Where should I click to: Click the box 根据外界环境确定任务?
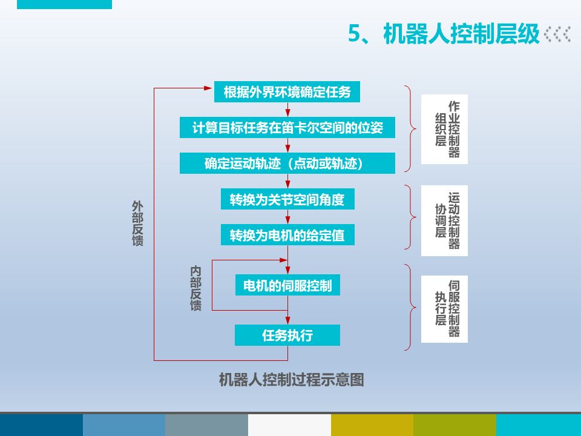click(x=287, y=92)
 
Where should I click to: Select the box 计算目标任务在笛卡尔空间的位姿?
click(x=287, y=128)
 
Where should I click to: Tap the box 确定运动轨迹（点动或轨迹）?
click(x=287, y=163)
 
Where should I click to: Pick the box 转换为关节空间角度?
click(x=287, y=199)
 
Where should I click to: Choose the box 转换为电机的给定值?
click(x=287, y=235)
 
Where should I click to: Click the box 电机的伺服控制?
click(x=287, y=285)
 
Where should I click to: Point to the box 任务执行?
click(x=287, y=335)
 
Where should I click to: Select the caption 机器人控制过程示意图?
click(x=291, y=380)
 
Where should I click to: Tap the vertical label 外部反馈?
click(x=137, y=223)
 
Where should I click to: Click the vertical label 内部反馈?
click(x=195, y=288)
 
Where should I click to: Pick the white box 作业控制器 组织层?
click(x=444, y=129)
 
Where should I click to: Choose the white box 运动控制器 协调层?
click(x=444, y=220)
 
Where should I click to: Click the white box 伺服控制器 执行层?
click(x=444, y=308)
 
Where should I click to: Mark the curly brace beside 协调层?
click(x=411, y=217)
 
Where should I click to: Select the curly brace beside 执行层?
click(x=411, y=307)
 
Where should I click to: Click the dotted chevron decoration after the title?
click(x=557, y=34)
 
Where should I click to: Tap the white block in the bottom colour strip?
click(x=289, y=425)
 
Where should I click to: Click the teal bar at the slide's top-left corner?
click(x=64, y=4)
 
